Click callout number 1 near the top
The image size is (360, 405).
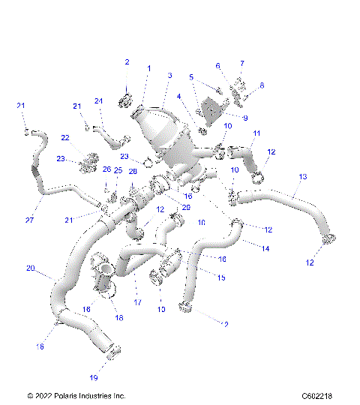148,69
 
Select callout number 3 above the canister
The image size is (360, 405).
170,76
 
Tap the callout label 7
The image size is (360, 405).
241,64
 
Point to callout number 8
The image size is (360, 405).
262,85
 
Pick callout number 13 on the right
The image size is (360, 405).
303,177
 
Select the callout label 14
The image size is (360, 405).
265,247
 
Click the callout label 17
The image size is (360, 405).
137,302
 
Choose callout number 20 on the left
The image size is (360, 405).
31,268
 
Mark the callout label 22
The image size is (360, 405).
65,137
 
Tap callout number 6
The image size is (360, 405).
217,66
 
